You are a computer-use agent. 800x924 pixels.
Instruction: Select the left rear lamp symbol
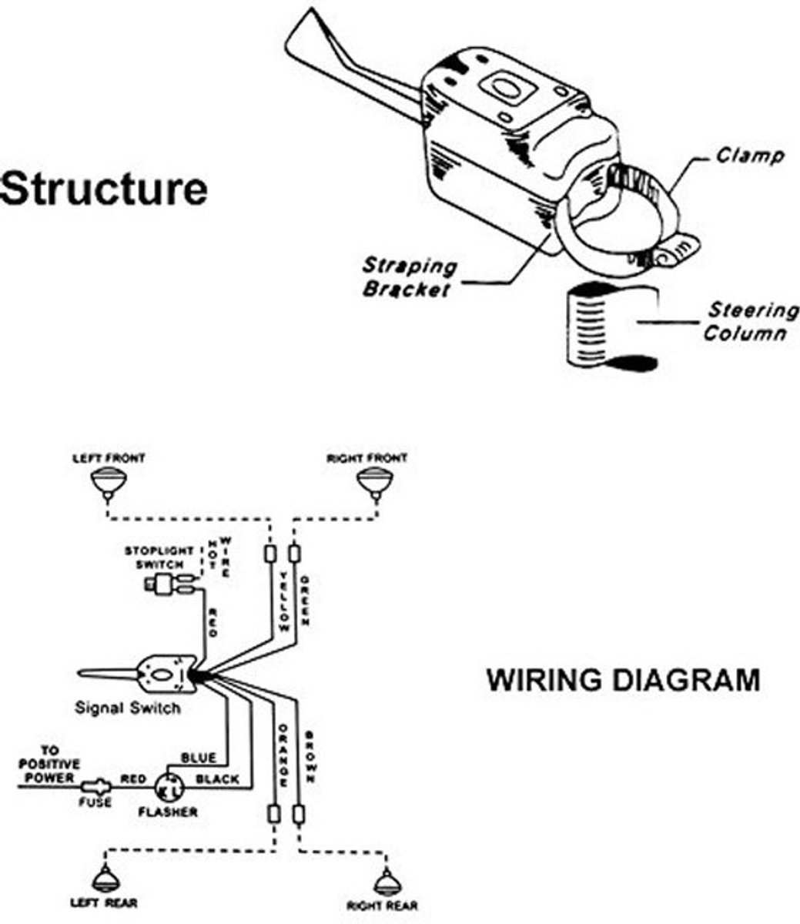coord(105,879)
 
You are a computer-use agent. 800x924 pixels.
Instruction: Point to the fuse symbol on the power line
coord(95,786)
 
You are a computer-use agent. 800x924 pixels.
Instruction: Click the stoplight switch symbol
coord(170,584)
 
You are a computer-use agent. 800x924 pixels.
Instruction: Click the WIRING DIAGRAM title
coord(624,681)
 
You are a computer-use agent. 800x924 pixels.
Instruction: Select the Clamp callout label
coord(750,156)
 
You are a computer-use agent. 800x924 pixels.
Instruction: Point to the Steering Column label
coord(749,323)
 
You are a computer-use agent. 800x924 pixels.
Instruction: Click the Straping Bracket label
coord(409,278)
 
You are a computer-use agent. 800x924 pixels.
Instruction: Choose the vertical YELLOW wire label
coord(284,601)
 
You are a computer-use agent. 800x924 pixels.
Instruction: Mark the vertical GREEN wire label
coord(305,601)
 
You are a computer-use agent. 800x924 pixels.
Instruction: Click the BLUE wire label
coord(199,758)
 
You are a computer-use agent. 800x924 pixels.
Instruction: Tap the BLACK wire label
coord(218,779)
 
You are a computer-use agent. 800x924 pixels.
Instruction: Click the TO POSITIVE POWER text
coord(49,765)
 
